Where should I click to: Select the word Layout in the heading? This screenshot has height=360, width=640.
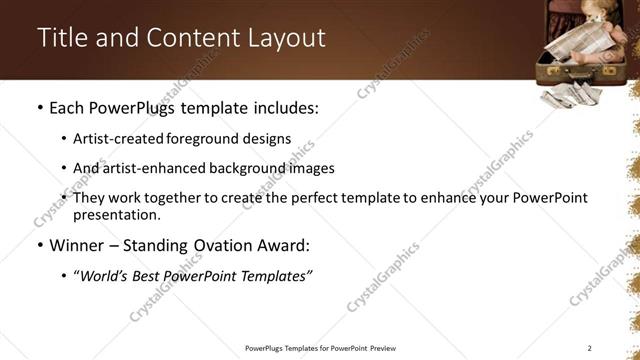tap(285, 38)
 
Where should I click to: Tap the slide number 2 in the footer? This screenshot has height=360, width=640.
tap(590, 348)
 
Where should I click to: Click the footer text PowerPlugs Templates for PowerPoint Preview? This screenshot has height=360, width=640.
tap(320, 348)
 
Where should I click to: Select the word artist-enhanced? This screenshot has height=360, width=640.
tap(149, 168)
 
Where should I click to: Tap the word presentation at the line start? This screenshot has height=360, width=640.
tap(116, 214)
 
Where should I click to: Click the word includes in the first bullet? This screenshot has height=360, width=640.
tap(282, 107)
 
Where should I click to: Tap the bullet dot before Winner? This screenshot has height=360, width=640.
tap(39, 245)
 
